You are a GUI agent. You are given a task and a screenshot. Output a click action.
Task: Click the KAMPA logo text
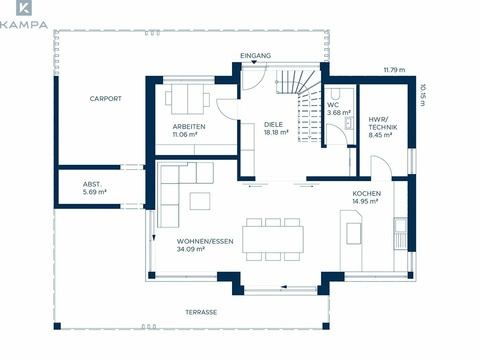(x=24, y=25)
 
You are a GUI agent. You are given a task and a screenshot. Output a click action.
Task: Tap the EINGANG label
(x=256, y=56)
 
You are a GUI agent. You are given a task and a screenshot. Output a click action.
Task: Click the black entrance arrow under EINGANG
(x=254, y=62)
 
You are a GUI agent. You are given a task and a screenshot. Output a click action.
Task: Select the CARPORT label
(x=106, y=99)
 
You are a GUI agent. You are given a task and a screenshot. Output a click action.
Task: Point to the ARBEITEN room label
(x=189, y=127)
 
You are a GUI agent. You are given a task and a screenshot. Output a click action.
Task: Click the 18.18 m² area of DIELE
(x=276, y=132)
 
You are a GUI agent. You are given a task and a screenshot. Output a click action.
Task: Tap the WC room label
(x=333, y=105)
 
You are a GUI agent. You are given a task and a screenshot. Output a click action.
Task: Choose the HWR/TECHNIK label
(x=383, y=123)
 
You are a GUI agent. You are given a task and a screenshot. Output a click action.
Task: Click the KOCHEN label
(x=367, y=193)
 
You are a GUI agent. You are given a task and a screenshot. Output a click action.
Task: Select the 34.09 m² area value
(x=191, y=249)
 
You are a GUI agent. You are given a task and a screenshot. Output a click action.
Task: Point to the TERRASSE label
(x=201, y=312)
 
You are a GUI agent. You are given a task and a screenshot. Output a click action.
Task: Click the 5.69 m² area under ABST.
(x=95, y=192)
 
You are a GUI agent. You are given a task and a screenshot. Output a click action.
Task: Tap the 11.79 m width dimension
(x=394, y=70)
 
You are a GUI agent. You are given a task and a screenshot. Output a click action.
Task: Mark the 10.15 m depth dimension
(x=423, y=95)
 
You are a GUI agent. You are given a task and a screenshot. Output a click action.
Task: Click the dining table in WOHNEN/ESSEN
(x=273, y=239)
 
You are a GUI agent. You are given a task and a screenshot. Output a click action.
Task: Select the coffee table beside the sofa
(x=200, y=201)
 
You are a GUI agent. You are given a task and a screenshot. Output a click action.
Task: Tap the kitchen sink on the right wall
(x=400, y=225)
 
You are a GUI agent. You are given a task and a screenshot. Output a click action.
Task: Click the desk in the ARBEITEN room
(x=187, y=99)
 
